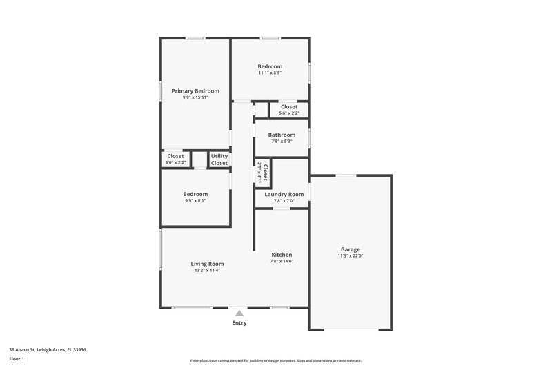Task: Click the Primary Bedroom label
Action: click(x=195, y=91)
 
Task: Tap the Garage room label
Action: click(x=350, y=249)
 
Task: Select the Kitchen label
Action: click(x=281, y=255)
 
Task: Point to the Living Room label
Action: click(x=207, y=264)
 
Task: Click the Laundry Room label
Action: click(x=284, y=195)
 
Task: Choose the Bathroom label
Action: click(x=282, y=135)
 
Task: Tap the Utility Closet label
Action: click(x=219, y=159)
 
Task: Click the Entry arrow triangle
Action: click(x=239, y=313)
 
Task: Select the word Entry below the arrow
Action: click(x=239, y=322)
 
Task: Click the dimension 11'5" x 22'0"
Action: click(x=350, y=256)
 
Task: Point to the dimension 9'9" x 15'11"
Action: click(x=195, y=97)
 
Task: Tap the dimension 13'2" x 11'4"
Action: click(x=207, y=270)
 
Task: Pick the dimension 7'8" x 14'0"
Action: click(x=281, y=261)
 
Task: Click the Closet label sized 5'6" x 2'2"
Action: click(x=289, y=107)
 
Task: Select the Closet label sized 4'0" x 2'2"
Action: click(x=175, y=156)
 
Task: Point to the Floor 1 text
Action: click(x=17, y=359)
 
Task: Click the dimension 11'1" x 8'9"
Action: click(x=270, y=72)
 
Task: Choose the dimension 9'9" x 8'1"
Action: click(x=195, y=201)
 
